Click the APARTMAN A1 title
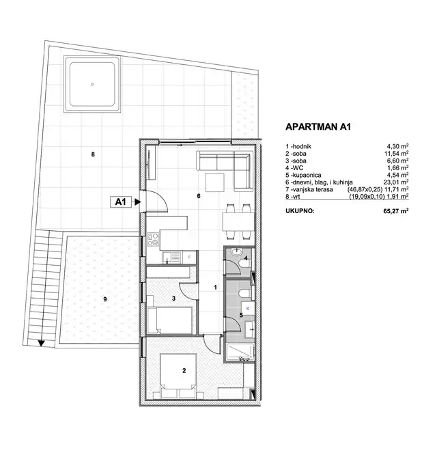tap(318, 126)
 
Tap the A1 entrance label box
tap(120, 202)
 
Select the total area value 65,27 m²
tap(396, 211)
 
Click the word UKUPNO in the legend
tap(300, 211)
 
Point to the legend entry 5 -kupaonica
tap(303, 175)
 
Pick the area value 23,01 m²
tap(396, 182)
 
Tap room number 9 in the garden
tap(105, 299)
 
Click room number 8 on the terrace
tap(93, 154)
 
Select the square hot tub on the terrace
tap(92, 84)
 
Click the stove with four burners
tap(153, 240)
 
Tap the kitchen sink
tap(171, 258)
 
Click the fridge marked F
tap(189, 258)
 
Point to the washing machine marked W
tap(248, 308)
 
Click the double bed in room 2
tap(178, 376)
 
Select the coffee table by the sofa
tap(215, 182)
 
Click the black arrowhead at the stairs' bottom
tap(42, 344)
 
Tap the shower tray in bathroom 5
tap(240, 353)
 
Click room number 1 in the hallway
tap(215, 288)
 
